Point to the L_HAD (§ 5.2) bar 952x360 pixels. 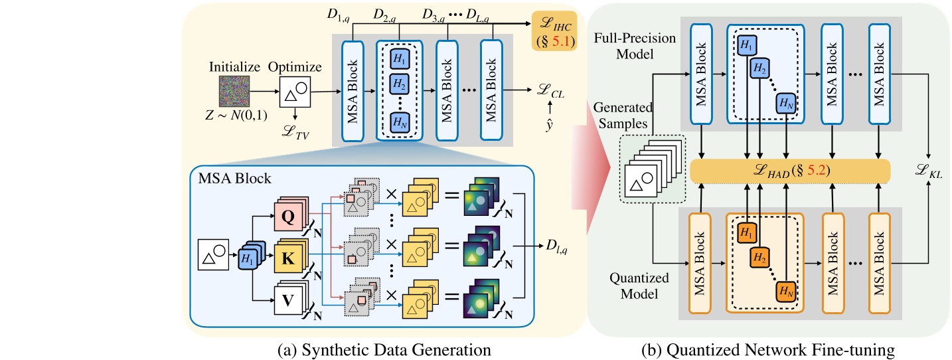pyautogui.click(x=789, y=170)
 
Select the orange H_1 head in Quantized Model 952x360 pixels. pyautogui.click(x=746, y=232)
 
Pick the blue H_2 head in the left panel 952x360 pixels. pyautogui.click(x=399, y=84)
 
